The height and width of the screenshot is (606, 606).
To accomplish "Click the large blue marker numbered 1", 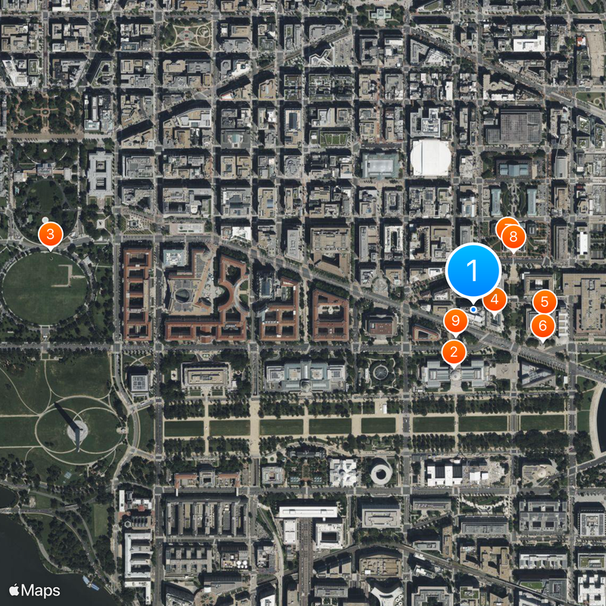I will tap(473, 270).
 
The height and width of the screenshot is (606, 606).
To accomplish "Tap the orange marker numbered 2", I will tap(454, 351).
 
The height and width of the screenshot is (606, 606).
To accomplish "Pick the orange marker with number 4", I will tap(495, 300).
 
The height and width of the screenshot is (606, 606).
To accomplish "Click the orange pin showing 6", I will tap(542, 326).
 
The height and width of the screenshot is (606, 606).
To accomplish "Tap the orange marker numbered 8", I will tap(514, 237).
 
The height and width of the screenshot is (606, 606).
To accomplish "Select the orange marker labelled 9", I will tap(455, 321).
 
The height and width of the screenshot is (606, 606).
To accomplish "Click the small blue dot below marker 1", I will tap(473, 309).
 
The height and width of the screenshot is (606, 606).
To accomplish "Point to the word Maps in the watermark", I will tap(40, 589).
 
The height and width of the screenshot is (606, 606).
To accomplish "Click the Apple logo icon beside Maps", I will tap(14, 589).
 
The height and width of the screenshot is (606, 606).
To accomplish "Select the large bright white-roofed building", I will tap(430, 158).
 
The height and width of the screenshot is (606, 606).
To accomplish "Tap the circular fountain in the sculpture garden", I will tap(379, 372).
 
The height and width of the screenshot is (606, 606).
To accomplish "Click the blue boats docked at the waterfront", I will tap(91, 584).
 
